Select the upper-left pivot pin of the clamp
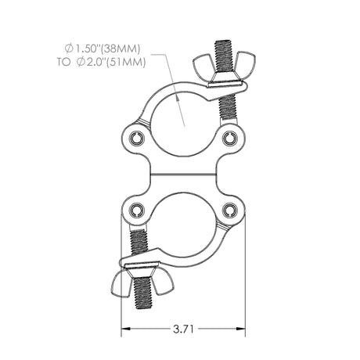point(139,138)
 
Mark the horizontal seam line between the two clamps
point(183,174)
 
